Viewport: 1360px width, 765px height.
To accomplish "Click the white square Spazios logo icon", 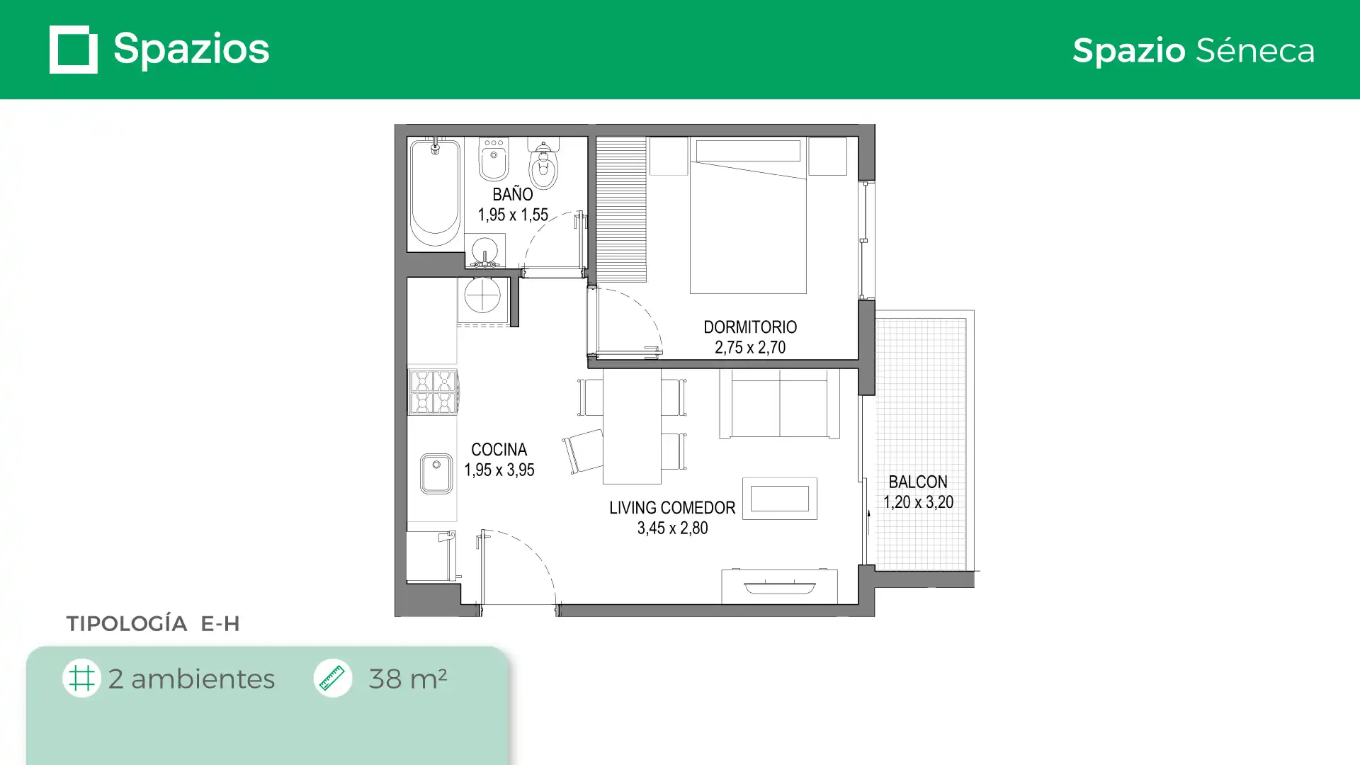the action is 73,50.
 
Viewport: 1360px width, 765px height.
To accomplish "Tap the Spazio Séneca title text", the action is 1193,50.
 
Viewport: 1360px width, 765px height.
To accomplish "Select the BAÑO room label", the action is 512,193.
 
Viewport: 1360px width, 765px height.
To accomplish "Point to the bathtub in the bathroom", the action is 435,193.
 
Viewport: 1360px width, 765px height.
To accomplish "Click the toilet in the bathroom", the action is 543,163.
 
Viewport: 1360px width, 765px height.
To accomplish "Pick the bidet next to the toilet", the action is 494,159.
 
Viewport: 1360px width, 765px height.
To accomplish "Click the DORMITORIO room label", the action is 750,327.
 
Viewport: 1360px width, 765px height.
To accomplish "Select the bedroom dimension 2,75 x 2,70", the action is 750,347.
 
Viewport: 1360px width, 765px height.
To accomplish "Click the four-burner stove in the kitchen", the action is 433,392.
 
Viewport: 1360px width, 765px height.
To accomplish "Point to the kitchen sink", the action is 436,473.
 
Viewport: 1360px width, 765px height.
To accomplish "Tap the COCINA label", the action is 499,450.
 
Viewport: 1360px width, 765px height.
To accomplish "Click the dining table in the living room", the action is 632,426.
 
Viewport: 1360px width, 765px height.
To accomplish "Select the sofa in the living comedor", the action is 779,404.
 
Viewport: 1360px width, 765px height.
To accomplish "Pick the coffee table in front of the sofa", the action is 779,499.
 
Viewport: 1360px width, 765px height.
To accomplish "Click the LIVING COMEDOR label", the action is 672,508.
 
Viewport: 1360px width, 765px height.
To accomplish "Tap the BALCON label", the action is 918,482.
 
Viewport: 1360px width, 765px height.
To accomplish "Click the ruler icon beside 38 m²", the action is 332,678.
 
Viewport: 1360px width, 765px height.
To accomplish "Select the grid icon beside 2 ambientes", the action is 81,678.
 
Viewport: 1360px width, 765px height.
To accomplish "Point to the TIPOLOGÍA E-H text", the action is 153,623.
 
